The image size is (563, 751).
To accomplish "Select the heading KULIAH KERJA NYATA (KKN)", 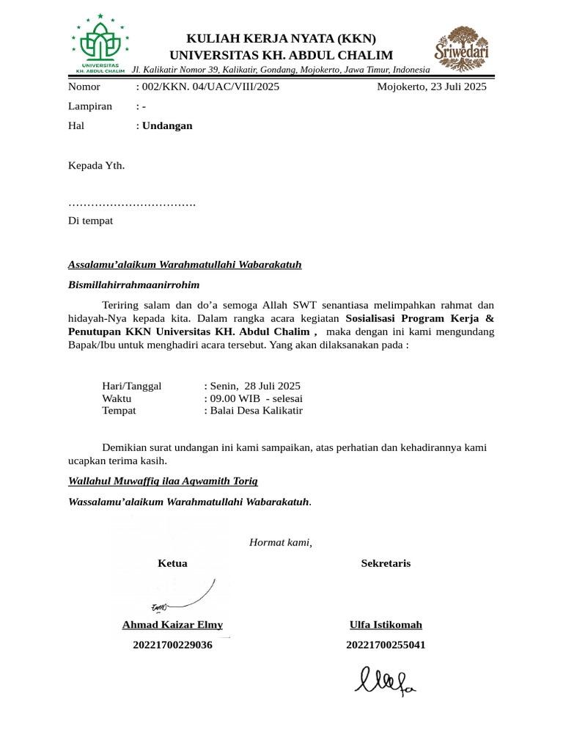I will [281, 39].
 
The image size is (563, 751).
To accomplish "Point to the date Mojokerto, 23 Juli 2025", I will [431, 87].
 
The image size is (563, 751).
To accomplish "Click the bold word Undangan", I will [167, 125].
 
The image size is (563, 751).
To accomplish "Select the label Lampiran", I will [90, 106].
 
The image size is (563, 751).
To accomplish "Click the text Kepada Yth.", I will [96, 165].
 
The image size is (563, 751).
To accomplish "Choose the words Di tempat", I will [90, 221].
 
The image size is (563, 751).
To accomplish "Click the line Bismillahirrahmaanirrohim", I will [134, 285].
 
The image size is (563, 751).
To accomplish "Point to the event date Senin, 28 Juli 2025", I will [254, 386].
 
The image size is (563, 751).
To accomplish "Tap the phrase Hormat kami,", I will [281, 543].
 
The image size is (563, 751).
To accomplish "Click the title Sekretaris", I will [386, 563].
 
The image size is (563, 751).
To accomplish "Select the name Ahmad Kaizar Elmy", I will [172, 625].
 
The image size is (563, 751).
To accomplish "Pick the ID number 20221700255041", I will [386, 645].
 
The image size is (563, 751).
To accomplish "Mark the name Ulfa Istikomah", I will [386, 625].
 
